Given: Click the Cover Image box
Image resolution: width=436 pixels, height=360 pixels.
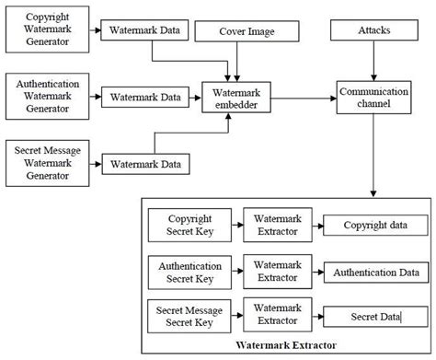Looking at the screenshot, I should coord(247,32).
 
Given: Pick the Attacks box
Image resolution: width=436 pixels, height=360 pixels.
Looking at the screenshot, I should coord(373,31).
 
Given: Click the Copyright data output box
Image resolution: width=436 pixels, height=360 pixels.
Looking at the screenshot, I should coord(375,226).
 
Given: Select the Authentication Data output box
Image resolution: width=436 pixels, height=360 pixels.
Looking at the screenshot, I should coord(375,272).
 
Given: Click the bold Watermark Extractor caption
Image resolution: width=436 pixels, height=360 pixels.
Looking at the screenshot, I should coord(286,345).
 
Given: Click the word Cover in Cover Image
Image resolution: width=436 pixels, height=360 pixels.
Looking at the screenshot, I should coord(232,32).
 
